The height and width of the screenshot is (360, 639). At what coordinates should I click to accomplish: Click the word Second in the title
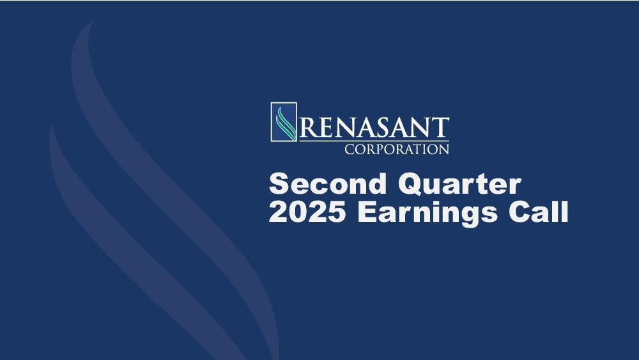pyautogui.click(x=328, y=184)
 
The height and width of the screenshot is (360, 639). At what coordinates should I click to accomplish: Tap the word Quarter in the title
pyautogui.click(x=459, y=185)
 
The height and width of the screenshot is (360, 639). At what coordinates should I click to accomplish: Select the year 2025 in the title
pyautogui.click(x=307, y=212)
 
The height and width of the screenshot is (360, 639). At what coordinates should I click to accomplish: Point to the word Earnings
pyautogui.click(x=427, y=213)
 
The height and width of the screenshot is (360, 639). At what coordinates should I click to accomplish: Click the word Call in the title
pyautogui.click(x=538, y=212)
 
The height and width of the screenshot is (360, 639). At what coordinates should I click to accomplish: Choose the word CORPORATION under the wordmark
pyautogui.click(x=397, y=149)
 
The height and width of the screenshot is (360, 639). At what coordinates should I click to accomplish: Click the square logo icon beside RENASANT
pyautogui.click(x=284, y=122)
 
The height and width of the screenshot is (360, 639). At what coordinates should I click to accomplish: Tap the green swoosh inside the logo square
pyautogui.click(x=285, y=123)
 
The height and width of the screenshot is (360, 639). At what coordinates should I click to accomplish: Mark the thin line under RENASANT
pyautogui.click(x=374, y=141)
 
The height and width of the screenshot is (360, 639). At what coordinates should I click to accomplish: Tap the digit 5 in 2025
pyautogui.click(x=336, y=212)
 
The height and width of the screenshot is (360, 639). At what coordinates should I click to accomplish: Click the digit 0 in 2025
pyautogui.click(x=298, y=212)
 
